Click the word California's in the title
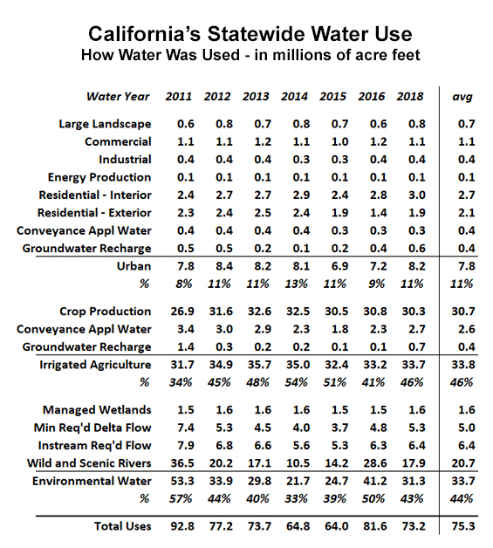coord(144,34)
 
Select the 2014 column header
coord(294,97)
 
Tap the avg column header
coord(462,97)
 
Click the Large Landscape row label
coord(105,124)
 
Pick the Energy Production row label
coord(99,177)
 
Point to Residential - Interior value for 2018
coord(417,195)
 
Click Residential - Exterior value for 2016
coord(379,213)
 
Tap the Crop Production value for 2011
coord(182,312)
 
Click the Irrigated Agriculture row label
coord(95,365)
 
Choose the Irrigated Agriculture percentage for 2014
coord(296,383)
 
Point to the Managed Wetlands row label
coord(97,410)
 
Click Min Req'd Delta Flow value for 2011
coord(186,428)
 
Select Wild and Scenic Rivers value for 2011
coord(182,463)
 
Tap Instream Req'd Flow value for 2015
coord(339,446)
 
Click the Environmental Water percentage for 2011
coord(181,499)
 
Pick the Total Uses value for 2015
coord(337,526)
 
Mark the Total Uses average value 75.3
coord(463,526)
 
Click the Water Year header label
coord(118,97)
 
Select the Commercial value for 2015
coord(339,142)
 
